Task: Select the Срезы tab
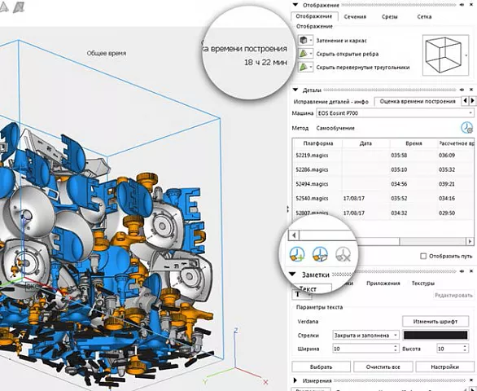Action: pos(389,16)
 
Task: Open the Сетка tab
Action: pos(424,16)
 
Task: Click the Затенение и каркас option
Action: pos(341,40)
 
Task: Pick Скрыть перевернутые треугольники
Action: pos(361,68)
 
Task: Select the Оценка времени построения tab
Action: pos(418,102)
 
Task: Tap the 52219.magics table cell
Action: pos(312,156)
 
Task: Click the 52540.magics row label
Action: pos(313,198)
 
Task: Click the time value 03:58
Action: pos(399,156)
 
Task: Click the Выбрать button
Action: pos(321,367)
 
